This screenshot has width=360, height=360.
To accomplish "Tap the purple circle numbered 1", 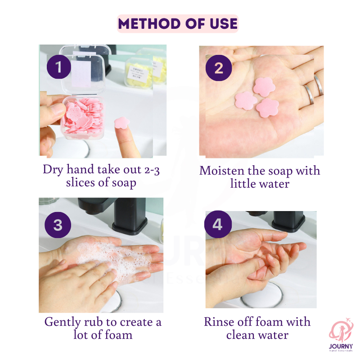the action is pyautogui.click(x=59, y=67).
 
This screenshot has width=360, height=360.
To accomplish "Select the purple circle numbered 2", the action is pyautogui.click(x=219, y=68).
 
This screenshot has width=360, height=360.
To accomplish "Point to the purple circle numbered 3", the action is pyautogui.click(x=58, y=225).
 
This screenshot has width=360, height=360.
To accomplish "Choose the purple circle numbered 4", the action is pyautogui.click(x=217, y=224).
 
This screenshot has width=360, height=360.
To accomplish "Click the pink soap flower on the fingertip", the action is pyautogui.click(x=122, y=122).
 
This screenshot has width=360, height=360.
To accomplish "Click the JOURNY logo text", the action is pyautogui.click(x=341, y=346).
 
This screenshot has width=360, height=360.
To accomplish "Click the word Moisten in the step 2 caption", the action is pyautogui.click(x=221, y=171).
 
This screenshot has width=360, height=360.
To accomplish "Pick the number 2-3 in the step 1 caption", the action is pyautogui.click(x=152, y=171).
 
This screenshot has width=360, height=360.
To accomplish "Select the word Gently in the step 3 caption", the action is pyautogui.click(x=62, y=322).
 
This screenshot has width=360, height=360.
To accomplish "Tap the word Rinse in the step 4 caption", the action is pyautogui.click(x=219, y=322).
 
